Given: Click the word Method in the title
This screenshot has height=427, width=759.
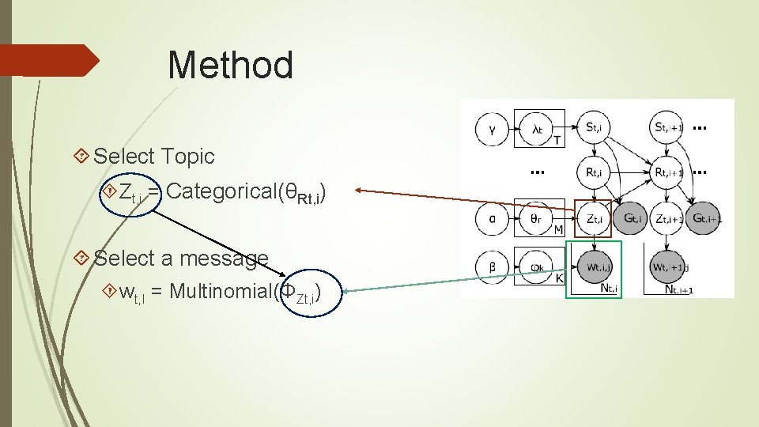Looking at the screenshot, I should coord(230,65).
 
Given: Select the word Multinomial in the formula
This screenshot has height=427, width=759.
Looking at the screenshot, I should coord(221,292).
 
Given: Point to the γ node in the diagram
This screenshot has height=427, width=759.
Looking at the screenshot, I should coord(492,129).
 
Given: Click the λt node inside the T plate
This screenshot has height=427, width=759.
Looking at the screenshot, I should coord(537,129).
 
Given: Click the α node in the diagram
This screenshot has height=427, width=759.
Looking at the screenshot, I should coord(492,218).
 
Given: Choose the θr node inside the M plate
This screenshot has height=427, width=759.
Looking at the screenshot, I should coord(537,219).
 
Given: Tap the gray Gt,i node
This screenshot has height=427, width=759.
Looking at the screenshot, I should coord(633,218).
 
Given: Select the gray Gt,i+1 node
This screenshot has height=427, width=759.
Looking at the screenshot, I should coord(704,218).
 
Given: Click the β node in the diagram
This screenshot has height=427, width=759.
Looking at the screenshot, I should coord(492,267).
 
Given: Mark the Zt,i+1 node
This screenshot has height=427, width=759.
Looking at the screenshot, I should coord(667,218).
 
